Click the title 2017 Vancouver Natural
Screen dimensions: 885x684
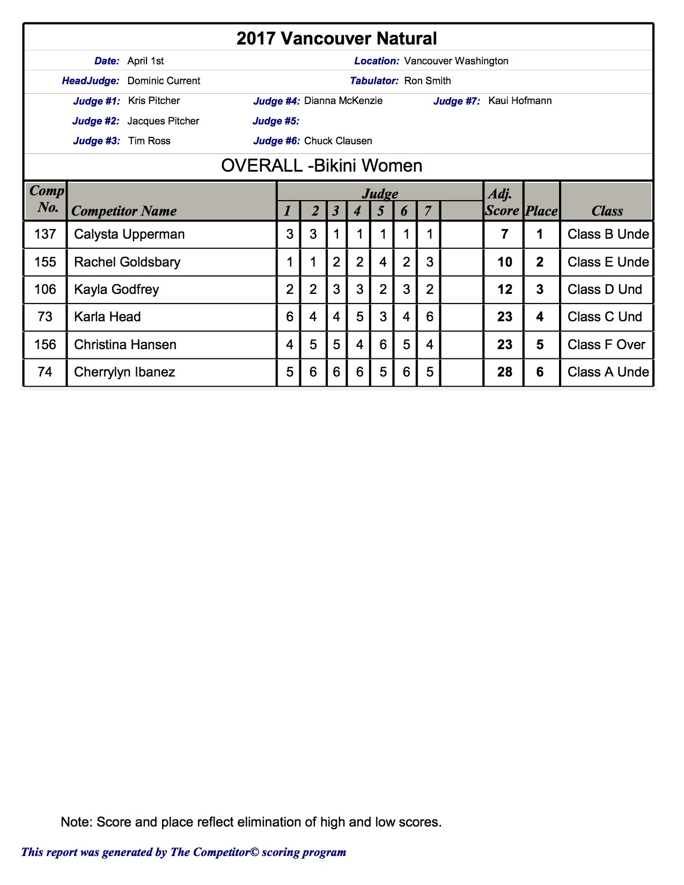pyautogui.click(x=336, y=39)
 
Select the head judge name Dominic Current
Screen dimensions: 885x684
pyautogui.click(x=164, y=81)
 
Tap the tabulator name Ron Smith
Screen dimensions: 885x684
pyautogui.click(x=428, y=81)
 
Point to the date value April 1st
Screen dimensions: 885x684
pyautogui.click(x=145, y=61)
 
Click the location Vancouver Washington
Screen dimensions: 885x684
pyautogui.click(x=456, y=61)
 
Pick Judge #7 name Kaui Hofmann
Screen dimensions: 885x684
pyautogui.click(x=520, y=101)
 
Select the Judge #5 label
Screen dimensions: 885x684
pyautogui.click(x=276, y=121)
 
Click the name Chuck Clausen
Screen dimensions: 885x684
pyautogui.click(x=338, y=141)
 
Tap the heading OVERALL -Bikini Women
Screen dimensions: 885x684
pyautogui.click(x=322, y=166)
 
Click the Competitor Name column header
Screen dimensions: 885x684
pyautogui.click(x=124, y=211)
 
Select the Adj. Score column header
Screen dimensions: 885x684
pyautogui.click(x=502, y=202)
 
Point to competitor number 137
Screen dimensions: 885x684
pyautogui.click(x=45, y=234)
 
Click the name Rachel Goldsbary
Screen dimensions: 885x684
pyautogui.click(x=127, y=262)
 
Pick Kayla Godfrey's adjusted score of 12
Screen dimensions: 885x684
pyautogui.click(x=504, y=290)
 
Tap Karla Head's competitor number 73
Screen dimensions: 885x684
pyautogui.click(x=45, y=317)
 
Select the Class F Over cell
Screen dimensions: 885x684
pyautogui.click(x=606, y=345)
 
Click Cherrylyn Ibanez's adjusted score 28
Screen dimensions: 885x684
pyautogui.click(x=504, y=372)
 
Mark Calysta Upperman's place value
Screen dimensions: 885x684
pyautogui.click(x=540, y=234)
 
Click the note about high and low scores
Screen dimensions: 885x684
pyautogui.click(x=251, y=822)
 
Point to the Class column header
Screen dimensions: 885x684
pyautogui.click(x=607, y=211)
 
